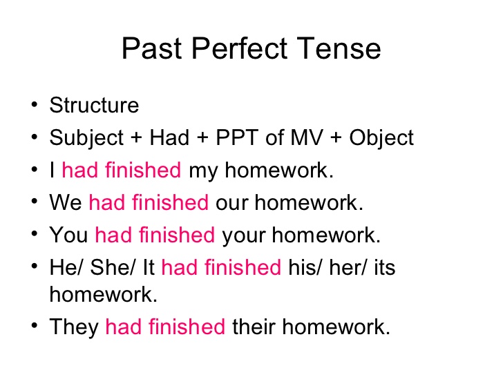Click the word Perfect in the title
point(239,48)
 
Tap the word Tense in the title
point(339,48)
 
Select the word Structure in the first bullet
point(94,105)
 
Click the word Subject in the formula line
point(86,139)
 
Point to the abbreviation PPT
point(237,137)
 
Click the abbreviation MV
point(307,137)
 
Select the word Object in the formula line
point(381,139)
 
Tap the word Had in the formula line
point(169,137)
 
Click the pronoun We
point(66,202)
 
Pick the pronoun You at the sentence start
point(68,235)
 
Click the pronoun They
point(74,327)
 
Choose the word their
point(254,327)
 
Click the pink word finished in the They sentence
point(187,327)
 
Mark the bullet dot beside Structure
point(35,104)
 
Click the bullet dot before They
point(35,326)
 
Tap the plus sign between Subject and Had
point(136,138)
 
